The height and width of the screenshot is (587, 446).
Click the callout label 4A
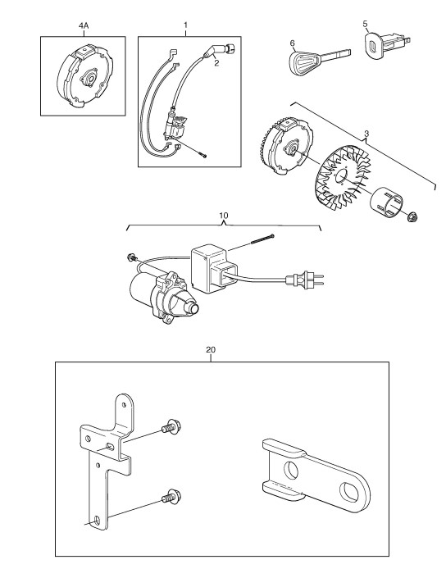tap(84, 26)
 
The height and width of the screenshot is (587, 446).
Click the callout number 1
tap(186, 25)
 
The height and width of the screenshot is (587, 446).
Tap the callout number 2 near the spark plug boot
tap(216, 63)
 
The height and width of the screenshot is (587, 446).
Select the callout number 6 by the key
tap(293, 43)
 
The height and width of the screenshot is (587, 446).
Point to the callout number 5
tap(366, 24)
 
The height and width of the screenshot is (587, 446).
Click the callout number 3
tap(366, 134)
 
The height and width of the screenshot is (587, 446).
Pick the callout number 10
tap(223, 216)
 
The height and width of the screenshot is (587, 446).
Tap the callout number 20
tap(211, 350)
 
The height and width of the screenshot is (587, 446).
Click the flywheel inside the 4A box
tap(85, 77)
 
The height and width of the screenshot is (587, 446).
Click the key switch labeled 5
tap(386, 45)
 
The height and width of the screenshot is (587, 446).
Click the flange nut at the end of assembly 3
tap(413, 216)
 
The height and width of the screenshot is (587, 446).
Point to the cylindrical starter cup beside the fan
tap(387, 202)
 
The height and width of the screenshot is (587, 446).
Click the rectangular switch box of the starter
tap(214, 268)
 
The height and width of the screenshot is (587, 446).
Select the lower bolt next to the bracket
tap(171, 496)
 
